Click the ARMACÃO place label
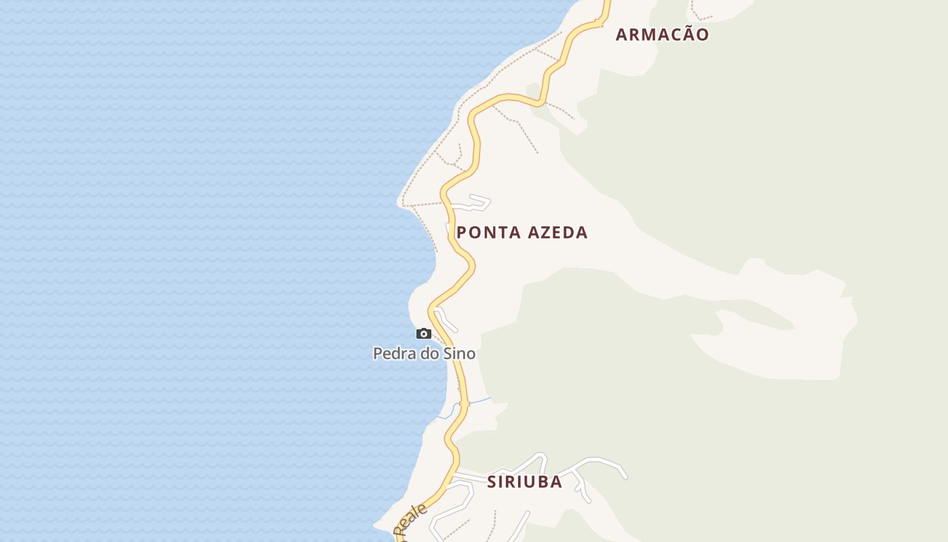click(662, 35)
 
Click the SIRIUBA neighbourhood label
click(525, 482)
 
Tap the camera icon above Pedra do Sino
click(424, 333)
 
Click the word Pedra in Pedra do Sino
click(393, 353)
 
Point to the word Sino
click(459, 353)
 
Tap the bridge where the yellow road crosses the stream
click(464, 404)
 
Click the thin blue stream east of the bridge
click(479, 401)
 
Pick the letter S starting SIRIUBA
click(492, 482)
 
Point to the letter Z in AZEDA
click(545, 232)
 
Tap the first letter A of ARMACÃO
click(622, 35)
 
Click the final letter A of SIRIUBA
click(556, 482)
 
